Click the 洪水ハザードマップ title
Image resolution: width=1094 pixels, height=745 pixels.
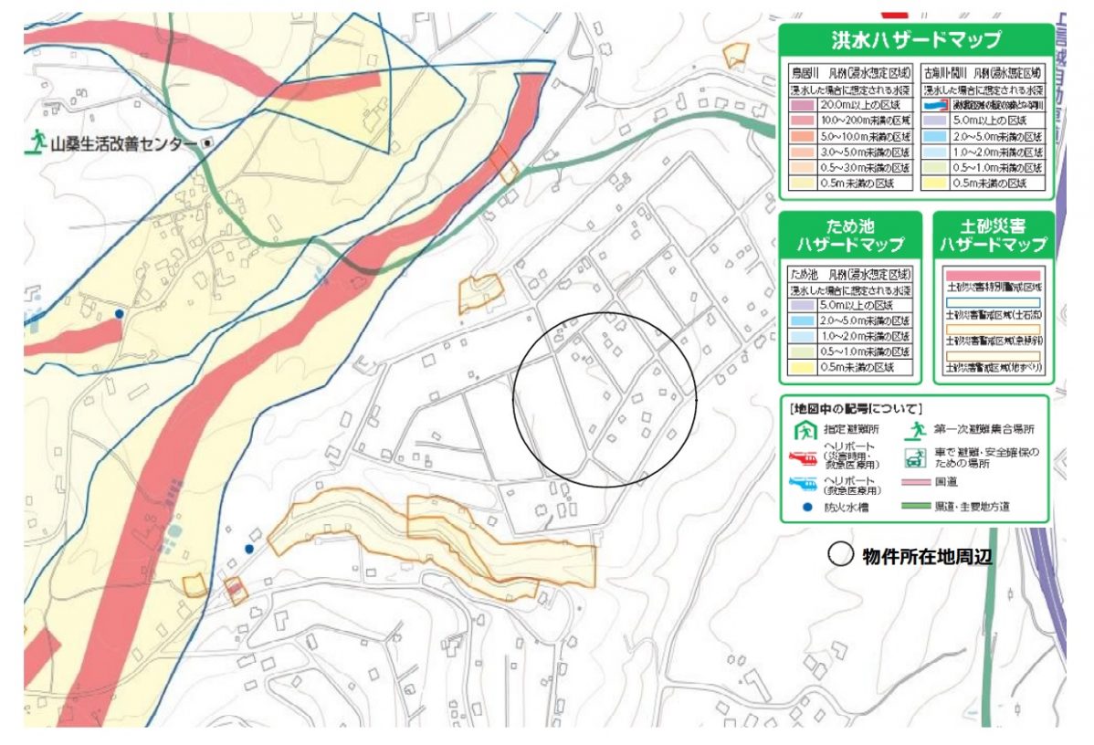point(915,41)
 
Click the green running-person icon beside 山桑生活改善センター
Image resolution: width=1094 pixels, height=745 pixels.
point(37,141)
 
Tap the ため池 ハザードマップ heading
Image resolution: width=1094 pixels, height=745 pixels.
point(850,235)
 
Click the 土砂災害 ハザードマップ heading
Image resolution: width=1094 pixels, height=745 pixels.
point(993,235)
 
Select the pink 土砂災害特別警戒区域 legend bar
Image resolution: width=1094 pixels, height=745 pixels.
point(993,274)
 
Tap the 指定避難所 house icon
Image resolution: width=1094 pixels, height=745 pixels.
point(805,427)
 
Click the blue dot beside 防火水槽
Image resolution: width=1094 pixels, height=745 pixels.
point(805,507)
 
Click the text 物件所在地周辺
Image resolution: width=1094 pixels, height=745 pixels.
point(926,555)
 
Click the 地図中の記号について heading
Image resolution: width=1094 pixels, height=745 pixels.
point(857,407)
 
